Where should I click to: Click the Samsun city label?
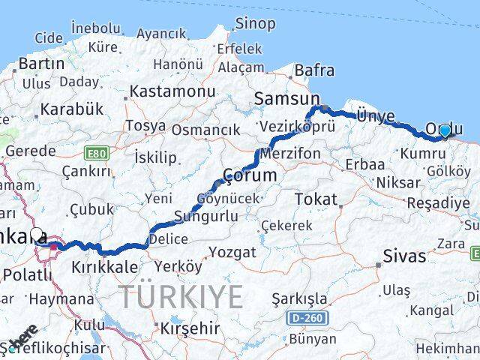pos(287,98)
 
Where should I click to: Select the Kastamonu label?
pos(172,91)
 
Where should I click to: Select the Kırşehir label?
pos(189,328)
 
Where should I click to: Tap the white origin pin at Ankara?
pos(37,233)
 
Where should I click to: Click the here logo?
pos(25,335)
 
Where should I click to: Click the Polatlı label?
pos(28,274)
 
